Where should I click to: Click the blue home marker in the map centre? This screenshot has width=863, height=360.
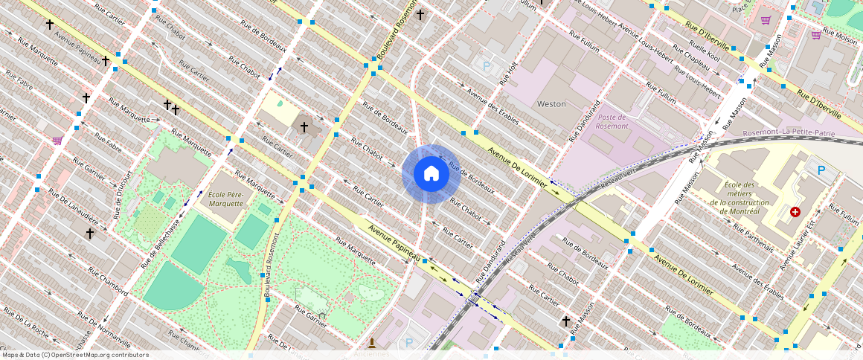pos(431,174)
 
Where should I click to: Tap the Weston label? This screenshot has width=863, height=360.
pos(551,104)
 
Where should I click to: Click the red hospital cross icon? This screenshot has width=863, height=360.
pos(795,212)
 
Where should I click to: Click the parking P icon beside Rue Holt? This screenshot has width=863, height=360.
pos(487,67)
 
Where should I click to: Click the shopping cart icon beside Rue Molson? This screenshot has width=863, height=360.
pos(816,34)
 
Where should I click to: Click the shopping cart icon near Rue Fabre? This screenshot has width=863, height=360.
pos(57,140)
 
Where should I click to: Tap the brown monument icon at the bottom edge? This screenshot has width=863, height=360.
pos(370,343)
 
